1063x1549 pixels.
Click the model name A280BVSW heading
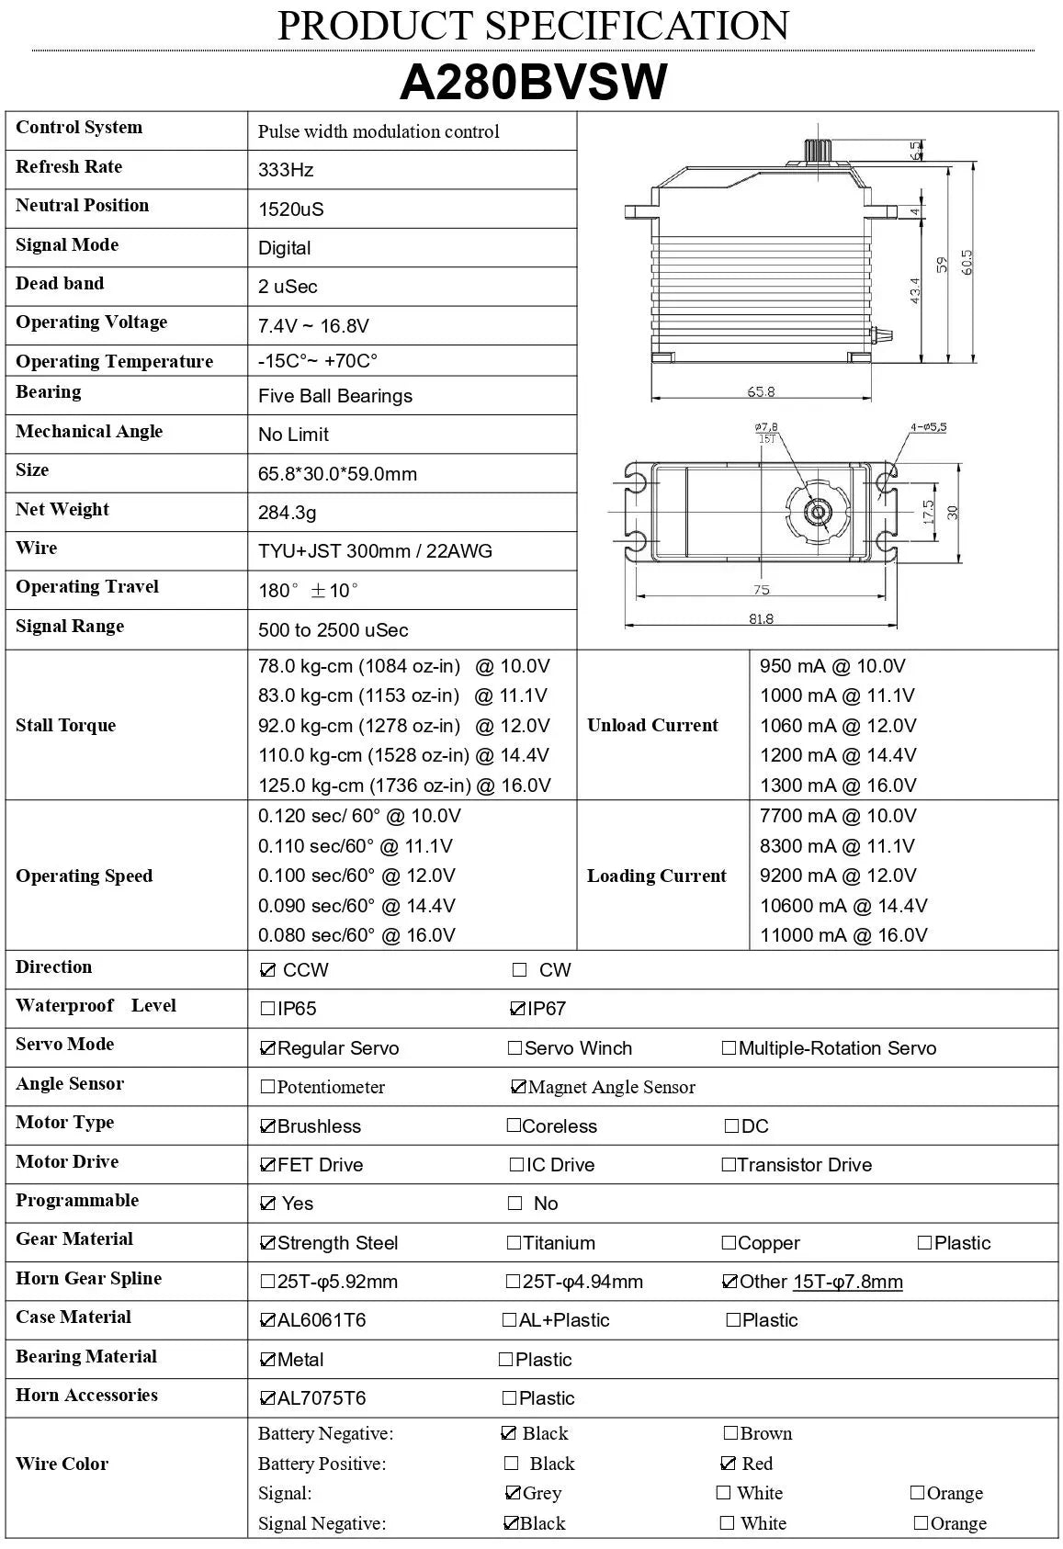tap(533, 83)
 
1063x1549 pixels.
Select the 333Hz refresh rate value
tap(286, 170)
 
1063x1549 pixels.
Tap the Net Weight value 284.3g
tap(287, 513)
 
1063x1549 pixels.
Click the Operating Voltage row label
tap(92, 322)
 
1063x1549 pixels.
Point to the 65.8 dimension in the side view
tap(761, 392)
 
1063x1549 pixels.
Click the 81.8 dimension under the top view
tap(761, 619)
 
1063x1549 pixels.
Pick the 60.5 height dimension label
tap(966, 262)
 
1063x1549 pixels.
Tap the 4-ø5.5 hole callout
tap(928, 427)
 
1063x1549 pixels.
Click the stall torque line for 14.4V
tap(403, 755)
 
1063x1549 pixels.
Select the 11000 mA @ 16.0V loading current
tap(843, 935)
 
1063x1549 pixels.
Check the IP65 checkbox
tap(267, 1009)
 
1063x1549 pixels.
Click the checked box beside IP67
tap(516, 1009)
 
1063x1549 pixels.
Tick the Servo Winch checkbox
tap(515, 1048)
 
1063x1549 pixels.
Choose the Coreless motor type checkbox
tap(514, 1125)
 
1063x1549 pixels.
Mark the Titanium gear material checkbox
tap(514, 1243)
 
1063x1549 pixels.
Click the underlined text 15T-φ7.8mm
tap(847, 1282)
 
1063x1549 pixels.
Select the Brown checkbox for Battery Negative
tap(730, 1433)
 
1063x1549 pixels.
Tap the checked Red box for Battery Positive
tap(729, 1464)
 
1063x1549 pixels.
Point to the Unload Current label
tap(652, 725)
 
